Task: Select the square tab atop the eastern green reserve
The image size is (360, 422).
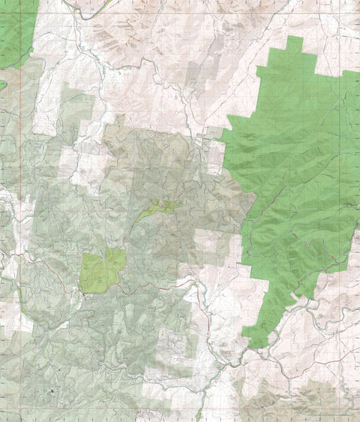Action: pos(295,44)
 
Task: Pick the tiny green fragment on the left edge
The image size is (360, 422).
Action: pos(2,85)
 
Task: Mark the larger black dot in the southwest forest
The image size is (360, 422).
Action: pos(52,392)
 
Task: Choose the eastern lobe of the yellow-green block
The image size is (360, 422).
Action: pos(115,260)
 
